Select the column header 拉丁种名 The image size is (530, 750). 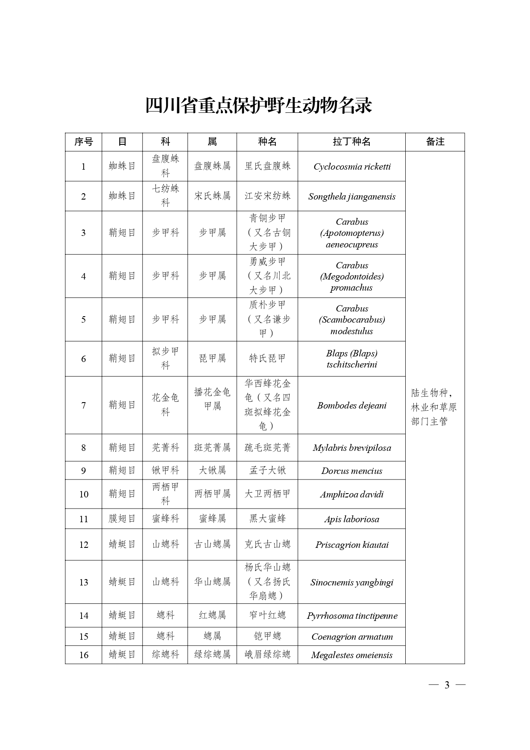(x=351, y=142)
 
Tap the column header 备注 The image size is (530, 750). (x=435, y=142)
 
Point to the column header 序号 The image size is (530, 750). (x=83, y=142)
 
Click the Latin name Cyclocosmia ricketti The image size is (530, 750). (x=351, y=167)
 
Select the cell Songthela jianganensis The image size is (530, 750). (x=351, y=197)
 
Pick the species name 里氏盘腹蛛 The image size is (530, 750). (x=267, y=166)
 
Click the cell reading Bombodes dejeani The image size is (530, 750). (x=351, y=406)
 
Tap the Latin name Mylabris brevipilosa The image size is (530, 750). (x=351, y=448)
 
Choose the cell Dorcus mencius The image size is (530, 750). (x=351, y=471)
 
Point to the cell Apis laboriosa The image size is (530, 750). (x=351, y=519)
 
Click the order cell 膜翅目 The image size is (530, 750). (x=122, y=519)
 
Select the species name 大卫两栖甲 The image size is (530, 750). (x=267, y=494)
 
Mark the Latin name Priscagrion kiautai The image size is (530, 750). (x=351, y=545)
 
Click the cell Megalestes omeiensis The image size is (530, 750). (x=351, y=655)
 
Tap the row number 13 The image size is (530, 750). (x=84, y=582)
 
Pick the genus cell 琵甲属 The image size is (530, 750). (x=212, y=359)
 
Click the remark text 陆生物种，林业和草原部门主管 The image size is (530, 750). (x=434, y=407)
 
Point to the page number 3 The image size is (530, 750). (x=447, y=685)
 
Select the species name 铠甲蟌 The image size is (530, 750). (x=267, y=636)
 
